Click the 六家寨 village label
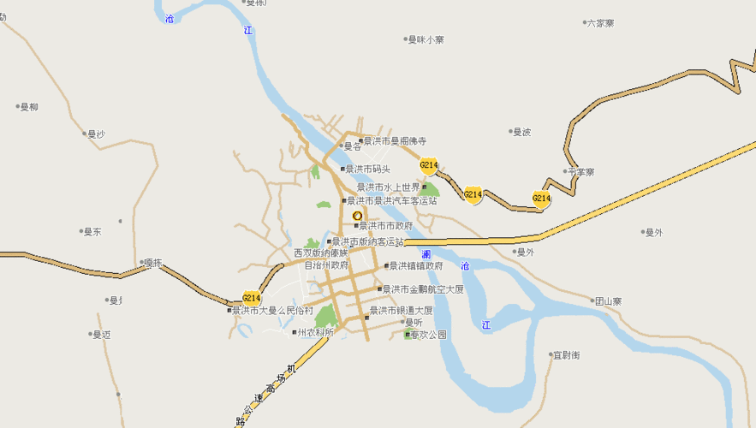[x=605, y=23]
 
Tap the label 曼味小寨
[x=426, y=39]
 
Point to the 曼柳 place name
[x=28, y=107]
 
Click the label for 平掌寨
[x=580, y=172]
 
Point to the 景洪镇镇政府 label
[x=414, y=266]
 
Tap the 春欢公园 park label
[x=428, y=335]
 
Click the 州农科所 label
[x=314, y=332]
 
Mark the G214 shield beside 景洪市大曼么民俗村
[x=251, y=298]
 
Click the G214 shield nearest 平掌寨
[x=541, y=199]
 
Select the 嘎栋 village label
[x=152, y=262]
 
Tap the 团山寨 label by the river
[x=608, y=301]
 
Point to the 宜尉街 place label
[x=566, y=354]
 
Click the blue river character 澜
[x=426, y=254]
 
